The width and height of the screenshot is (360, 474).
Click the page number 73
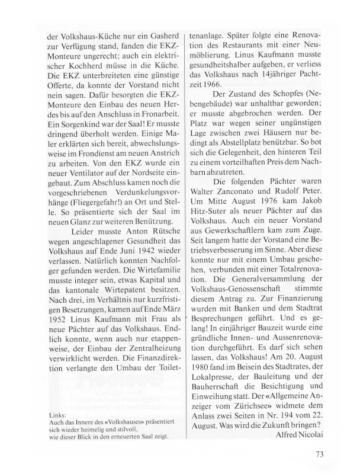[320, 454]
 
